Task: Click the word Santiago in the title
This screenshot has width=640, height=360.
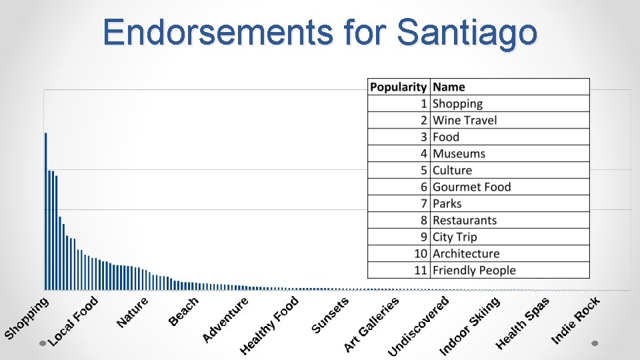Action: [x=466, y=32]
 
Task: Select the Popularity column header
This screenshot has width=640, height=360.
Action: [x=398, y=87]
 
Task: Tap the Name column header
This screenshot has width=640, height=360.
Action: [x=449, y=87]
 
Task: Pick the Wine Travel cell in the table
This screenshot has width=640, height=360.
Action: [x=465, y=120]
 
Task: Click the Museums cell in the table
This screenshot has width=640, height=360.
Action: [x=459, y=153]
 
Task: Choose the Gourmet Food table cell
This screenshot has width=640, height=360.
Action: [x=471, y=187]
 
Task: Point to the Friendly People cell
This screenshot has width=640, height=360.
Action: [x=474, y=270]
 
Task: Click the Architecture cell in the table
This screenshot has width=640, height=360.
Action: [x=466, y=253]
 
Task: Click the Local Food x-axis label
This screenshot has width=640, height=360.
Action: [x=74, y=321]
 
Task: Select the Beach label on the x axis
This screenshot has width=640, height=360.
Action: [x=184, y=311]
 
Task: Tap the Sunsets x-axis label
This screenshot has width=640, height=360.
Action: [x=330, y=316]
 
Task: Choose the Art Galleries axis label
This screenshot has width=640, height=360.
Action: [x=371, y=325]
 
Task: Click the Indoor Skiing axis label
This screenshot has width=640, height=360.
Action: [x=469, y=326]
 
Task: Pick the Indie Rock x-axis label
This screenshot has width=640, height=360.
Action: [x=576, y=321]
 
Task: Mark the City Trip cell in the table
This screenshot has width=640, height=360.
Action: [x=455, y=237]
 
